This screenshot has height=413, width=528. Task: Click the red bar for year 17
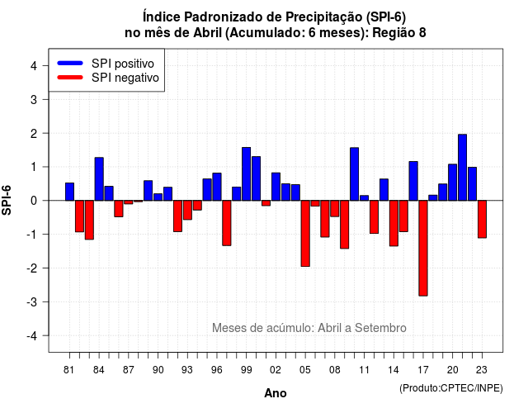(x=423, y=248)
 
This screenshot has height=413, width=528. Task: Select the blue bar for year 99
(x=246, y=174)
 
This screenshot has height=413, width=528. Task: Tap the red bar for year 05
(x=305, y=233)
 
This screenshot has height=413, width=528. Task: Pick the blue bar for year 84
(x=99, y=179)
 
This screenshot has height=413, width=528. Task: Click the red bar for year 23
(x=482, y=219)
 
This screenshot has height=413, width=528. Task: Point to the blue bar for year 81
(x=69, y=192)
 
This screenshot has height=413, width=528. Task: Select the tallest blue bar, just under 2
(x=462, y=167)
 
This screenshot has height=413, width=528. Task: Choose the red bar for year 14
(x=394, y=223)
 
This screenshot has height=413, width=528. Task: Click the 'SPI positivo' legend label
(x=123, y=64)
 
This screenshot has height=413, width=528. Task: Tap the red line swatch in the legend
(x=70, y=77)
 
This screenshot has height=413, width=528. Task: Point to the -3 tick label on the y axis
(x=32, y=301)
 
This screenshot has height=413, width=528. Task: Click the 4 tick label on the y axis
(x=34, y=65)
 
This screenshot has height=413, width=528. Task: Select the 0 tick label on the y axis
(x=34, y=201)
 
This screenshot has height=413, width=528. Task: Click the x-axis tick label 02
(x=275, y=370)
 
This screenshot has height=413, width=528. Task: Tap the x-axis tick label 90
(x=158, y=370)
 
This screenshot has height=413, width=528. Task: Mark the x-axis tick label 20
(x=452, y=370)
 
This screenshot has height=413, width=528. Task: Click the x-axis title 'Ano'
(x=275, y=393)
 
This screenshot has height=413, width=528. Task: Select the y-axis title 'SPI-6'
(x=7, y=200)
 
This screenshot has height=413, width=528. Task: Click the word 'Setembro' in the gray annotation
(x=380, y=328)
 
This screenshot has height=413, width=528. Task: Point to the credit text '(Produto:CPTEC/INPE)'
(x=451, y=388)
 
